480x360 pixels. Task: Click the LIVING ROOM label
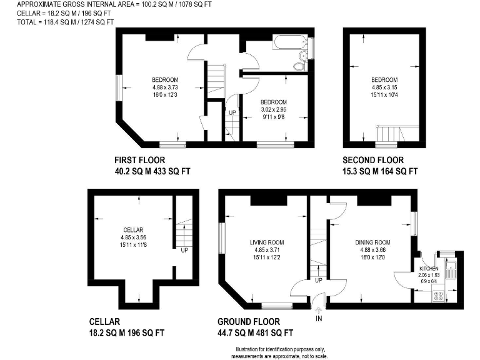(x=267, y=242)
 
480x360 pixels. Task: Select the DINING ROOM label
(x=372, y=242)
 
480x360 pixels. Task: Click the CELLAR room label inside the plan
(x=134, y=230)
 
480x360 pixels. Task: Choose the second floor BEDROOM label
(x=384, y=80)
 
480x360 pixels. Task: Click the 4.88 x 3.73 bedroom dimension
(x=166, y=87)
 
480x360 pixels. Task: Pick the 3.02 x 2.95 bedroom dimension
(x=273, y=109)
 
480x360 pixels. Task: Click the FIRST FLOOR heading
(x=139, y=160)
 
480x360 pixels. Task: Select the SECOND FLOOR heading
(x=373, y=160)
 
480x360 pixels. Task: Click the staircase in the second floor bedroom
(x=391, y=133)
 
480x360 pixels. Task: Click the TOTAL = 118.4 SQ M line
(x=66, y=22)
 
